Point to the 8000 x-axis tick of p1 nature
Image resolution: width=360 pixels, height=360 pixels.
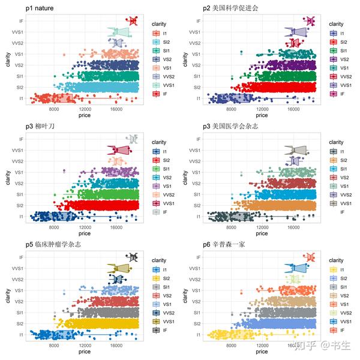click(54, 109)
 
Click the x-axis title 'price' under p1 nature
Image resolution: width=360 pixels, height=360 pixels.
click(85, 116)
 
